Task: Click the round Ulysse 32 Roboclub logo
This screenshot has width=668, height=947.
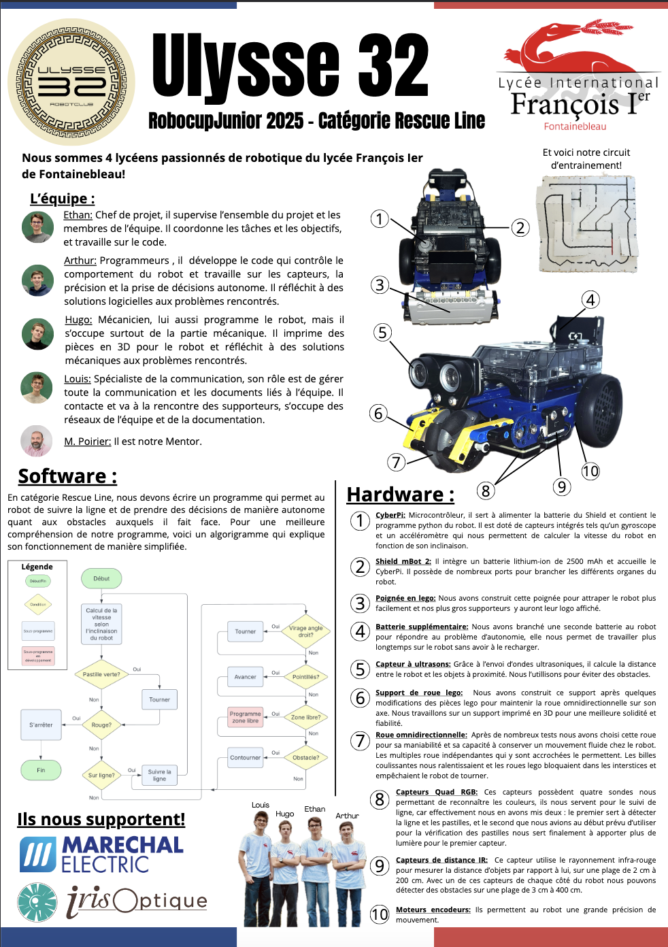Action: pyautogui.click(x=71, y=82)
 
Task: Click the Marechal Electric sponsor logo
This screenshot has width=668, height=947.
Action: pyautogui.click(x=102, y=854)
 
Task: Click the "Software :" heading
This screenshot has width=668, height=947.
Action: pyautogui.click(x=67, y=476)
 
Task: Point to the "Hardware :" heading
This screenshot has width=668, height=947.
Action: pyautogui.click(x=400, y=495)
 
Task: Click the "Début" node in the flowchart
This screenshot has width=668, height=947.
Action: pyautogui.click(x=101, y=579)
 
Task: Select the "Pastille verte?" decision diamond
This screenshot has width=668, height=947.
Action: pyautogui.click(x=101, y=674)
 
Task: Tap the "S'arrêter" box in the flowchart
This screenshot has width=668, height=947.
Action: pyautogui.click(x=41, y=725)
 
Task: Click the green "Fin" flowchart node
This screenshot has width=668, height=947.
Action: pyautogui.click(x=41, y=770)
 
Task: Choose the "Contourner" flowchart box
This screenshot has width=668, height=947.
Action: pyautogui.click(x=245, y=757)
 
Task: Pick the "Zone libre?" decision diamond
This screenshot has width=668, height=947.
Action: pyautogui.click(x=305, y=717)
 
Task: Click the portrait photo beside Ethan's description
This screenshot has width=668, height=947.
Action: pyautogui.click(x=37, y=227)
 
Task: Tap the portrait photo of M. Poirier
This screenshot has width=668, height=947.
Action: pyautogui.click(x=37, y=441)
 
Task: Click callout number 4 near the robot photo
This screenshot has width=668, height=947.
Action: pyautogui.click(x=590, y=300)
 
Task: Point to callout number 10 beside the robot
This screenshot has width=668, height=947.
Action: pyautogui.click(x=590, y=471)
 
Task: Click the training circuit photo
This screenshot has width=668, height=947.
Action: pyautogui.click(x=586, y=224)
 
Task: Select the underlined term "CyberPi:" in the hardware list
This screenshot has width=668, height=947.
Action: pyautogui.click(x=390, y=515)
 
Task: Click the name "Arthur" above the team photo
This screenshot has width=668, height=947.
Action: pyautogui.click(x=347, y=816)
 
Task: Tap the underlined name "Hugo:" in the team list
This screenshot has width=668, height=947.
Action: pyautogui.click(x=78, y=320)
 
